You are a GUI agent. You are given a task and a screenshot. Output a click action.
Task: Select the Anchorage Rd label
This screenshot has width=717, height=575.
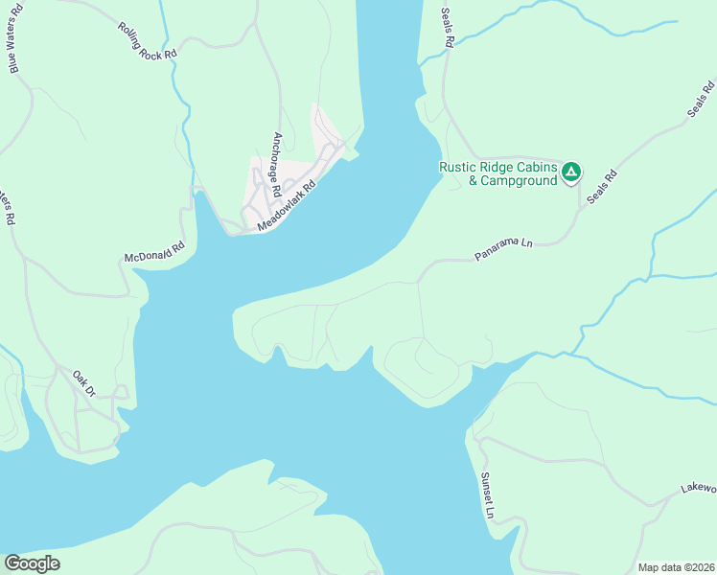[x=276, y=164]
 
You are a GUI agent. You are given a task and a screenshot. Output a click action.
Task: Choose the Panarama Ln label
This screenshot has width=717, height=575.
[x=502, y=251]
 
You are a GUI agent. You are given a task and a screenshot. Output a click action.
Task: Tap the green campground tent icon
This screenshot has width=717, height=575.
[x=571, y=172]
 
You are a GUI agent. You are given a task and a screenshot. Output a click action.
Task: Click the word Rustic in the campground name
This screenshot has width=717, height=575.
[x=458, y=166]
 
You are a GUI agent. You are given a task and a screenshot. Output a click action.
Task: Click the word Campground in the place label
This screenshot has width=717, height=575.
[x=519, y=180]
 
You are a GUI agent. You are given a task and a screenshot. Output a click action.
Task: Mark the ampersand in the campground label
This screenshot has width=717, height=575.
[x=472, y=180]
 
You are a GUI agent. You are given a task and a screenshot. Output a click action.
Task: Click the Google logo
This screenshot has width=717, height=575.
[x=32, y=563]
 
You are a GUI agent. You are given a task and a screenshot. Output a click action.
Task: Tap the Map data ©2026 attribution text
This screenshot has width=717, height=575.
[x=676, y=567]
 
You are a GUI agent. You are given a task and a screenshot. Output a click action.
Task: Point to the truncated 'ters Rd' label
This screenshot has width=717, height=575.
[x=9, y=204]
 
